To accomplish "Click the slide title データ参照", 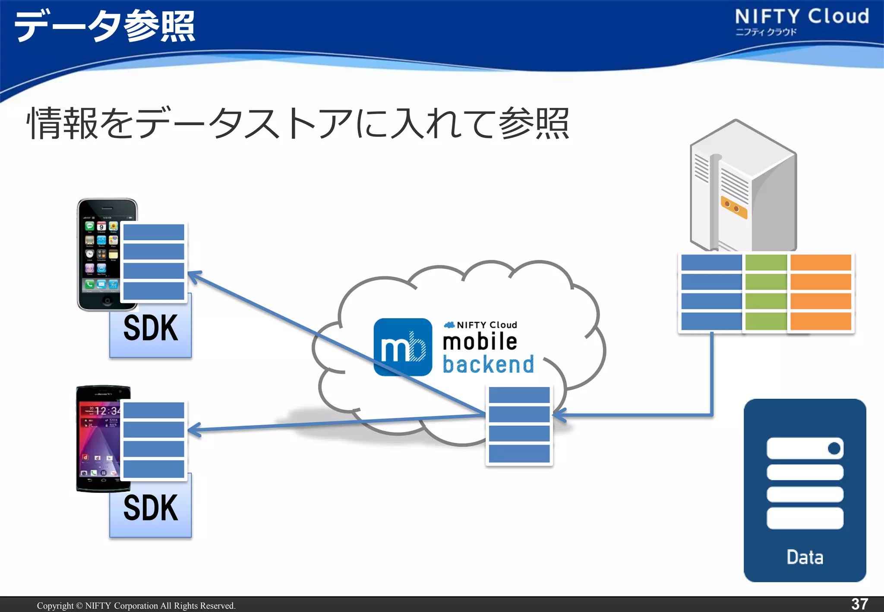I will click(104, 26).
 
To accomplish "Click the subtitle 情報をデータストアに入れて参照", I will click(298, 124).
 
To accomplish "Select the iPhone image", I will click(99, 255).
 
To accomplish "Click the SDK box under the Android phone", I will click(150, 509).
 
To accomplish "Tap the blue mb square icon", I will click(402, 347).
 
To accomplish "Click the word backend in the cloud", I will click(488, 364).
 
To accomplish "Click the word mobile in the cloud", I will click(480, 341).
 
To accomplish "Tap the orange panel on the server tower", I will click(733, 207).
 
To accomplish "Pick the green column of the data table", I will click(766, 292).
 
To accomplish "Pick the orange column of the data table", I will click(821, 292).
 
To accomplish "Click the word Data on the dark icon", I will click(805, 557).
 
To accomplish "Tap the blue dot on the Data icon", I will click(834, 448).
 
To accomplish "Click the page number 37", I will click(859, 604).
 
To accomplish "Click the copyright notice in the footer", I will click(136, 606).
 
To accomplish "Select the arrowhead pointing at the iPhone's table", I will click(194, 276).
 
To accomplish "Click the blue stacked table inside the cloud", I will click(519, 425).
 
